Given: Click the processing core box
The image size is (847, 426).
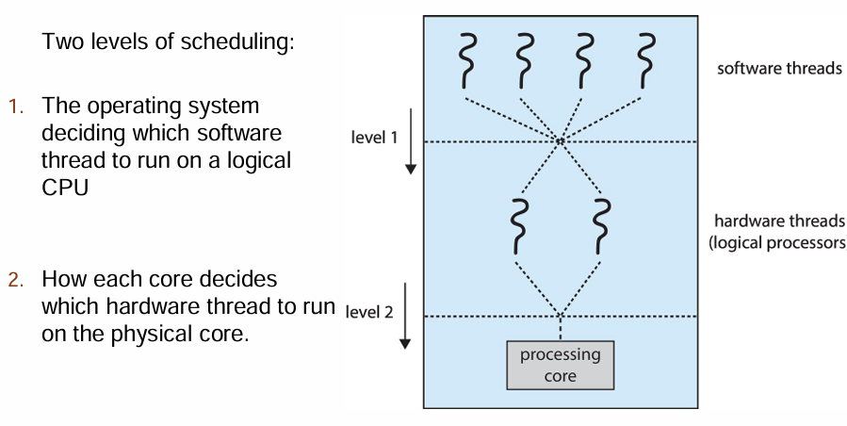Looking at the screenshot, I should pyautogui.click(x=561, y=364).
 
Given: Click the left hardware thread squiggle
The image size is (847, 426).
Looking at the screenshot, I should pyautogui.click(x=514, y=226).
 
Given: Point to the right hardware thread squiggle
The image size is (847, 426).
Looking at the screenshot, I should pyautogui.click(x=600, y=226).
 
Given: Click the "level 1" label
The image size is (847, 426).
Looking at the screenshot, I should pyautogui.click(x=374, y=138).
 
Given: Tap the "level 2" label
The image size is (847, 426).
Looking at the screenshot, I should pyautogui.click(x=369, y=311).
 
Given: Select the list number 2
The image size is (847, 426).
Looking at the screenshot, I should pyautogui.click(x=17, y=281).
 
